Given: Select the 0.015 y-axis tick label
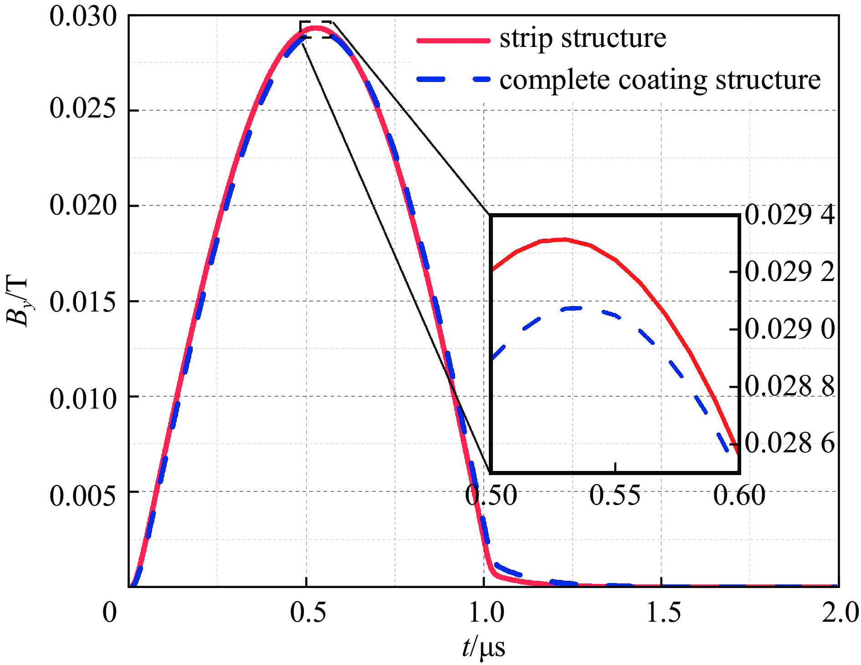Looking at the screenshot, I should click(x=83, y=302).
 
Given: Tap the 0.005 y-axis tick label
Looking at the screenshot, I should click(x=83, y=495).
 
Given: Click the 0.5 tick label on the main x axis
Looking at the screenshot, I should click(x=308, y=612).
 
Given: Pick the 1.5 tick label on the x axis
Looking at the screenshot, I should click(x=664, y=612).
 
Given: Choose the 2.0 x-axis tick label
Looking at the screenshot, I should click(x=840, y=612).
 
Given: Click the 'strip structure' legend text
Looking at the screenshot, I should click(x=583, y=38).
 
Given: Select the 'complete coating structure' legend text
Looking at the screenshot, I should click(x=660, y=80).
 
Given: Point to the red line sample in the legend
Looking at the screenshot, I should click(x=453, y=41).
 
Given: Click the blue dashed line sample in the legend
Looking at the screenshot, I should click(x=453, y=79).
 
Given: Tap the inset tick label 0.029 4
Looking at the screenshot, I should click(x=789, y=215).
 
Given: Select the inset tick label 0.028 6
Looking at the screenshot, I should click(x=789, y=443).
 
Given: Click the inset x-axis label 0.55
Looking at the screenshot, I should click(x=615, y=495).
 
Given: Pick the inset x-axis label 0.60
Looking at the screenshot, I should click(x=739, y=495).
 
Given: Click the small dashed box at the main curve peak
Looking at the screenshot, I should click(x=316, y=30).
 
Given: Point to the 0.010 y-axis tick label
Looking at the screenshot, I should click(x=83, y=399).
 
